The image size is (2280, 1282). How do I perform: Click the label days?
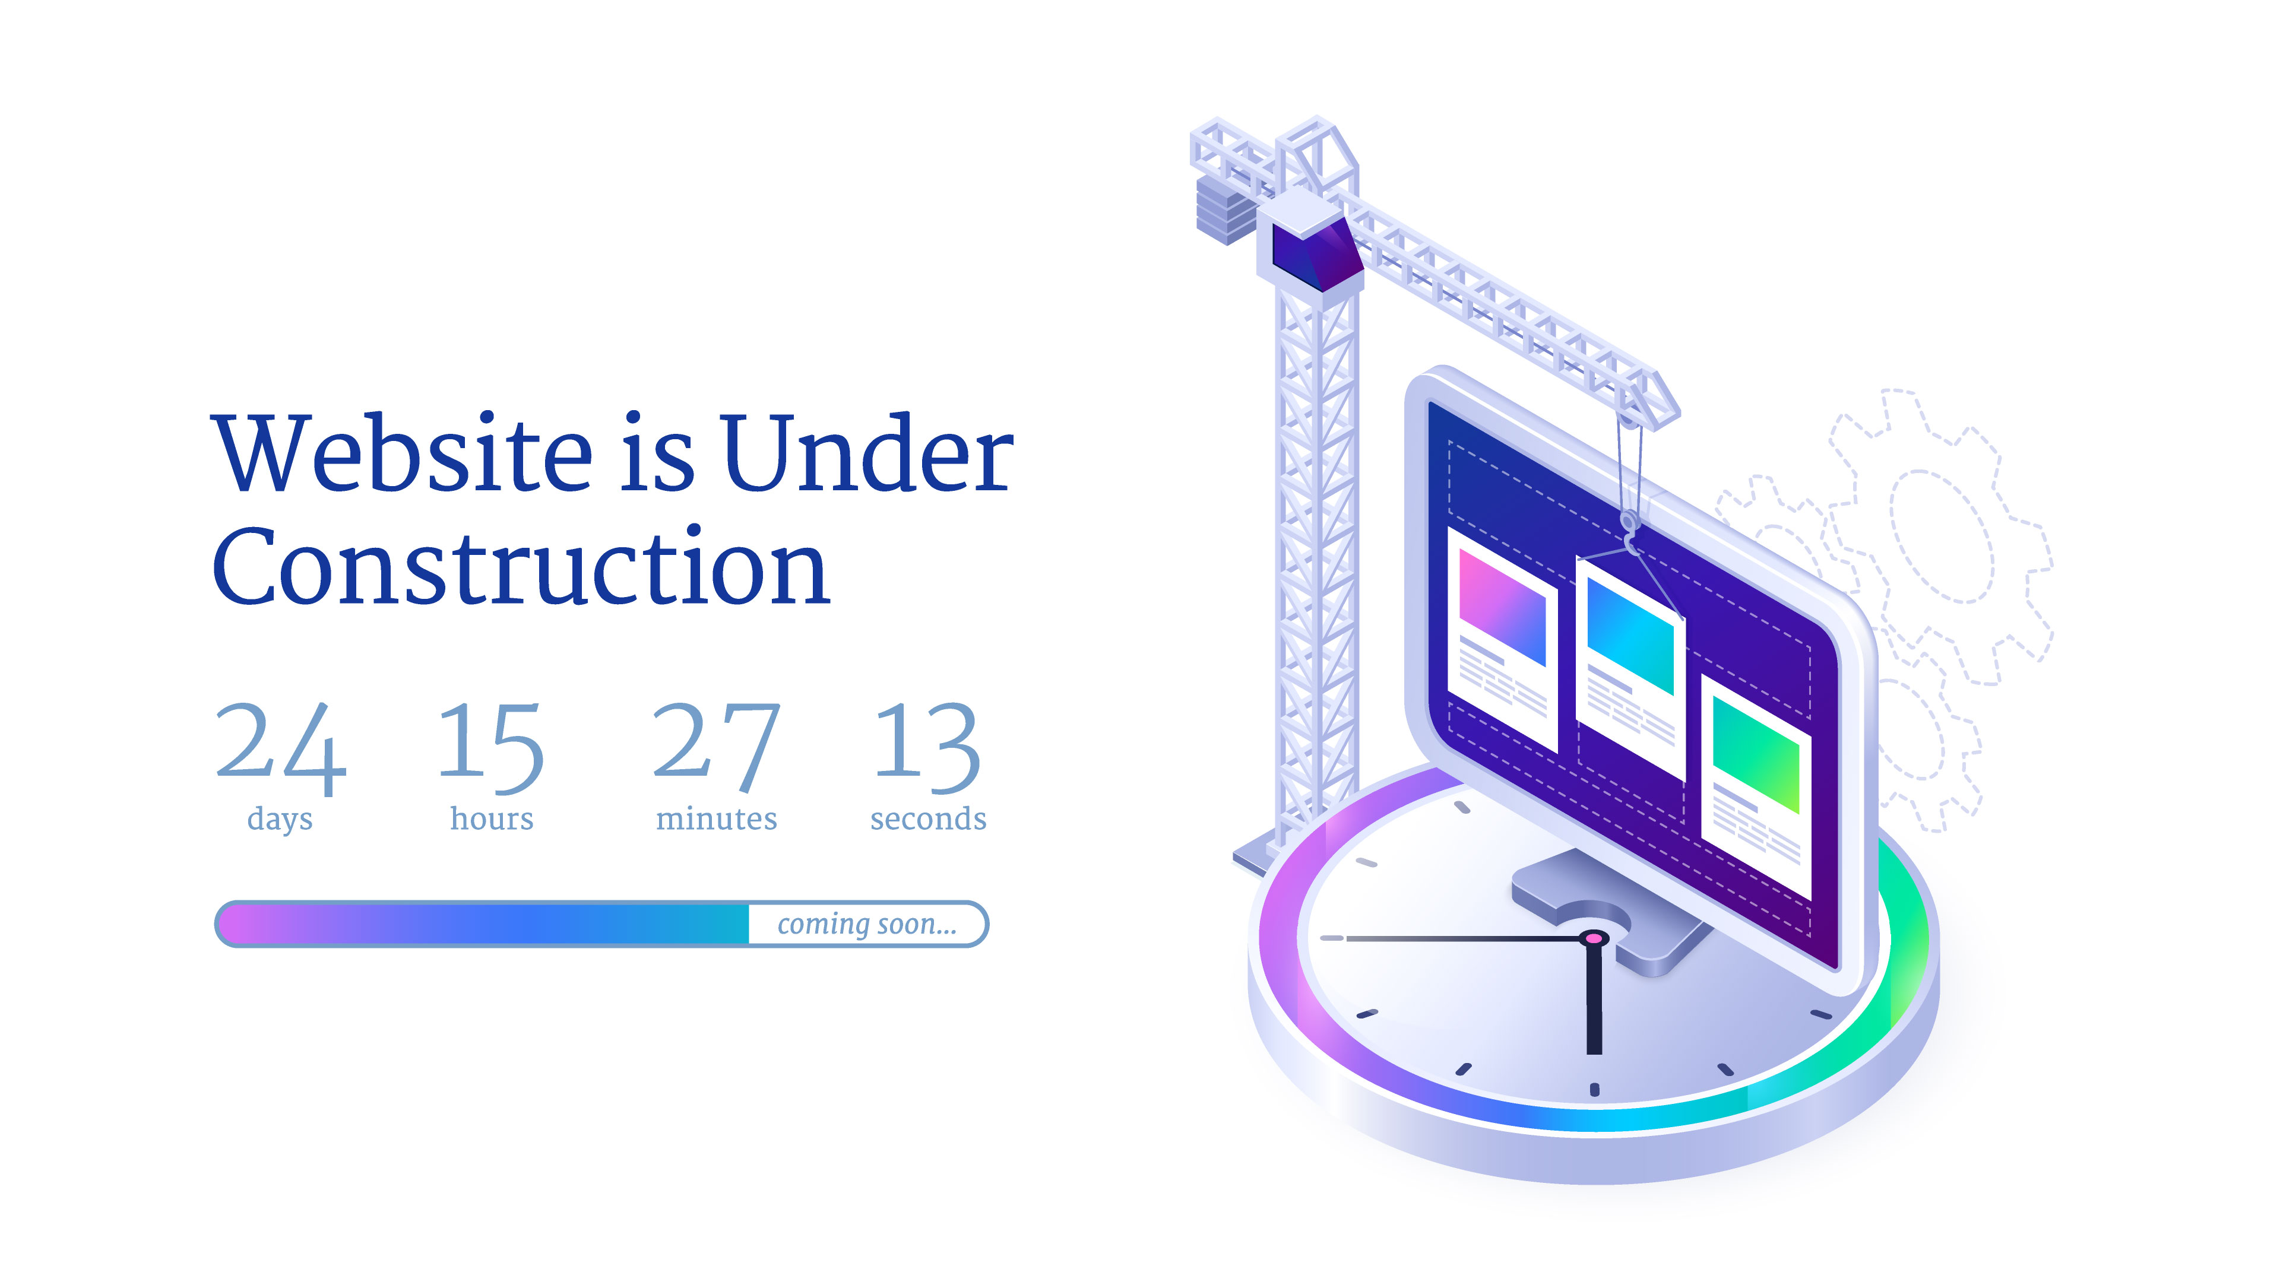coord(280,819)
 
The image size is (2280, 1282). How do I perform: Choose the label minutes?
coord(716,818)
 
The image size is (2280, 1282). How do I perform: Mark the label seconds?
coord(929,818)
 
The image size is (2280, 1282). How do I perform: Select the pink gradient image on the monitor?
coord(1502,607)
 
